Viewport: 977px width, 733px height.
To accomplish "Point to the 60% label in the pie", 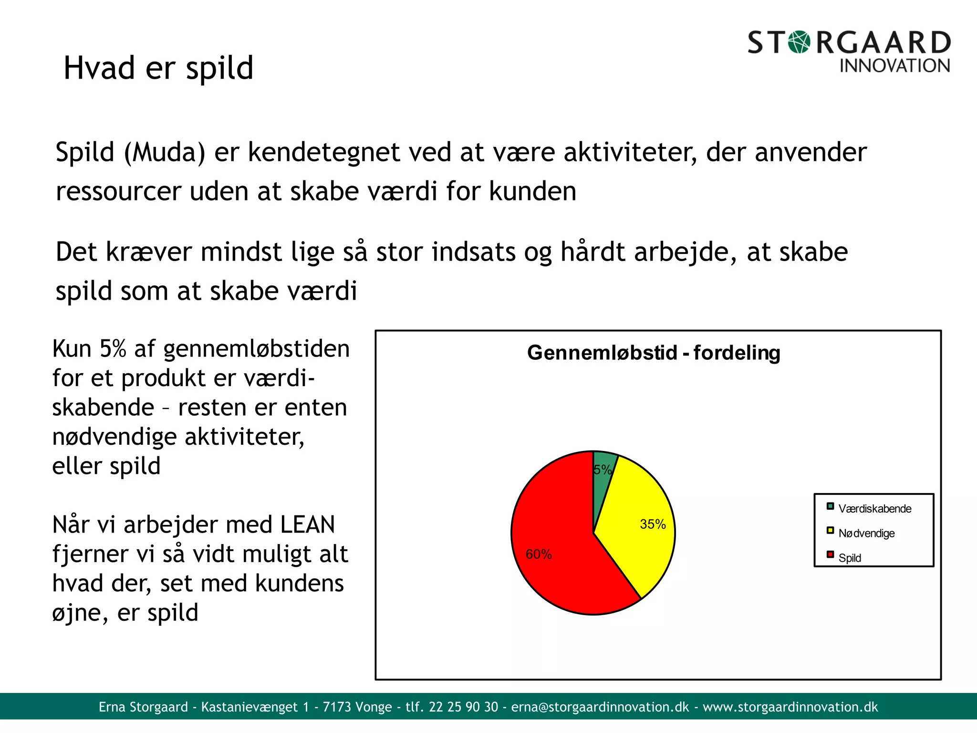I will tap(539, 554).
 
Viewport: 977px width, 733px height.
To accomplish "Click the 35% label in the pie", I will tap(653, 524).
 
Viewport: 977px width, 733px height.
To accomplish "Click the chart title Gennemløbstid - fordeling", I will tap(654, 353).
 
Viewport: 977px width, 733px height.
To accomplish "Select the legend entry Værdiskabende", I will tap(874, 509).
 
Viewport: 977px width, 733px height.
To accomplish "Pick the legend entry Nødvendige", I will tap(866, 533).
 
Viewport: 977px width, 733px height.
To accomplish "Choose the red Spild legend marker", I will tap(830, 555).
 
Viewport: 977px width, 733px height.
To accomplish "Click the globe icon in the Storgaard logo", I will tap(799, 42).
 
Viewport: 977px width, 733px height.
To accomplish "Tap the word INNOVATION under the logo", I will tap(894, 66).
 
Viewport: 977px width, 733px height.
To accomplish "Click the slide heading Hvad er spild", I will tap(158, 68).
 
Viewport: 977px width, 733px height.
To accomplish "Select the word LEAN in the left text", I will tap(308, 524).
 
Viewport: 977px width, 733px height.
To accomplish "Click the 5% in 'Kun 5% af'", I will tap(113, 348).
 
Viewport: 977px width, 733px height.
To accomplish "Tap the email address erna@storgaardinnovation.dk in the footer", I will tap(600, 707).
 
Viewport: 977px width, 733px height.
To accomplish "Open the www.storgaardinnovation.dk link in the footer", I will tap(790, 707).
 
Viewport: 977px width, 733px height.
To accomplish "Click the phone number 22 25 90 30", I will tap(463, 707).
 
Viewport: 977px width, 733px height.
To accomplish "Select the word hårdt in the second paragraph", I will tap(592, 252).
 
